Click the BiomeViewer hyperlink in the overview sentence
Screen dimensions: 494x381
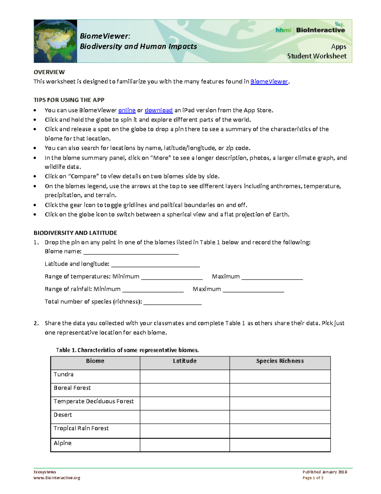point(269,82)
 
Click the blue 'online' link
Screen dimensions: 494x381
point(127,110)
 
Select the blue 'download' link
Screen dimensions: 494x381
point(158,110)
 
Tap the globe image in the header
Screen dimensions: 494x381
point(56,41)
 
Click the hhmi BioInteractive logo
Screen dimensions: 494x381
point(310,30)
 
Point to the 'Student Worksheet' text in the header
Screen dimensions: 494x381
point(317,56)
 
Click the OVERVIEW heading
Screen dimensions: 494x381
point(49,72)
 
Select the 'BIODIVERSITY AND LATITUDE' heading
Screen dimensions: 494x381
point(75,233)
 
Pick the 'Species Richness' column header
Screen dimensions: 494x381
point(280,361)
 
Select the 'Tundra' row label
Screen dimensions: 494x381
point(63,374)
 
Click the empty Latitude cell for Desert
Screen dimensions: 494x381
point(184,417)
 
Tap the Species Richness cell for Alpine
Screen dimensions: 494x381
point(280,445)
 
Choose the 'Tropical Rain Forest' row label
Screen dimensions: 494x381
point(81,428)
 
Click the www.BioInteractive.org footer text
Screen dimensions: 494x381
point(57,478)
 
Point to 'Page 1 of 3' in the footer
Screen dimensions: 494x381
point(313,478)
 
